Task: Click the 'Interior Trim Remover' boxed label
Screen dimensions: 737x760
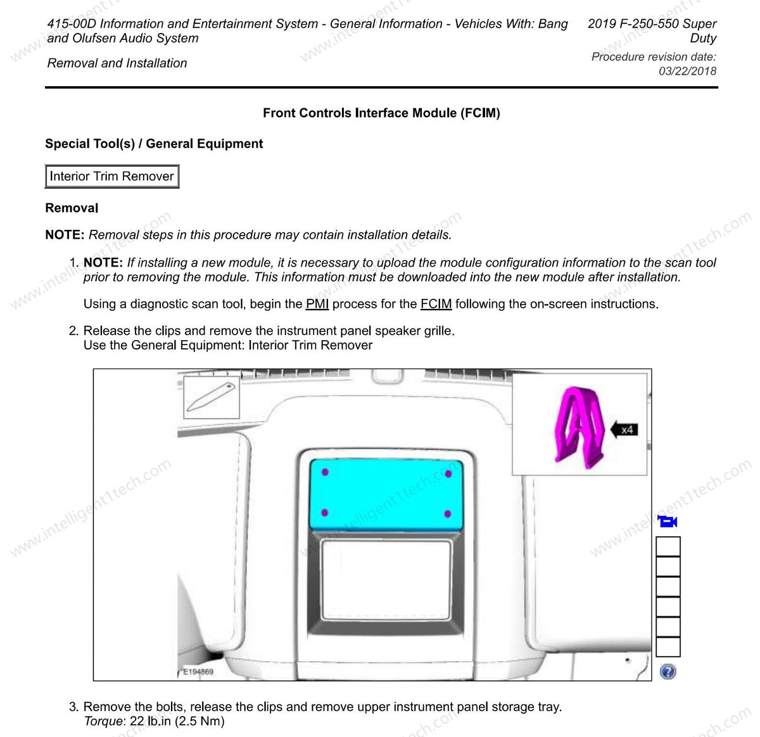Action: click(x=112, y=177)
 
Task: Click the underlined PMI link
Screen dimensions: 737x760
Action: click(x=317, y=304)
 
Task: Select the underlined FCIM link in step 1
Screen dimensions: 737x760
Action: click(x=436, y=304)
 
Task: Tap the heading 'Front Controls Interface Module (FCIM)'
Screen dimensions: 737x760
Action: click(x=381, y=113)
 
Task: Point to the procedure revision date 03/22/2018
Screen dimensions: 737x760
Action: click(x=687, y=71)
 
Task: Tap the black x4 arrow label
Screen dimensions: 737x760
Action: click(x=623, y=430)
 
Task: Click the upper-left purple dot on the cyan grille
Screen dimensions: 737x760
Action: click(x=325, y=472)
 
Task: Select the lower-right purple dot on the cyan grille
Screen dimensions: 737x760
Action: click(x=448, y=513)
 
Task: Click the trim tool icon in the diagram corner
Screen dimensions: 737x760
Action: click(x=212, y=397)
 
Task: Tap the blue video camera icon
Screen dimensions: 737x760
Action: click(x=668, y=522)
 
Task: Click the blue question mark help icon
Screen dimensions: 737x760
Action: click(x=668, y=672)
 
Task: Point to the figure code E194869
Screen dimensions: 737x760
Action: click(x=198, y=672)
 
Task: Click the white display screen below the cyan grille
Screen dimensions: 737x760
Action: click(x=386, y=579)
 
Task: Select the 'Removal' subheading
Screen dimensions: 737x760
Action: click(x=72, y=208)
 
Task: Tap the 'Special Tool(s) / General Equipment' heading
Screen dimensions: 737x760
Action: click(x=154, y=144)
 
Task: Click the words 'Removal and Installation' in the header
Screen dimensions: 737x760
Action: click(x=117, y=63)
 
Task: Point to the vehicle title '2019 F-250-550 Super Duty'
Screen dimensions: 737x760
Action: click(x=652, y=31)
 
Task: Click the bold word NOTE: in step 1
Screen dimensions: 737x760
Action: click(x=103, y=263)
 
